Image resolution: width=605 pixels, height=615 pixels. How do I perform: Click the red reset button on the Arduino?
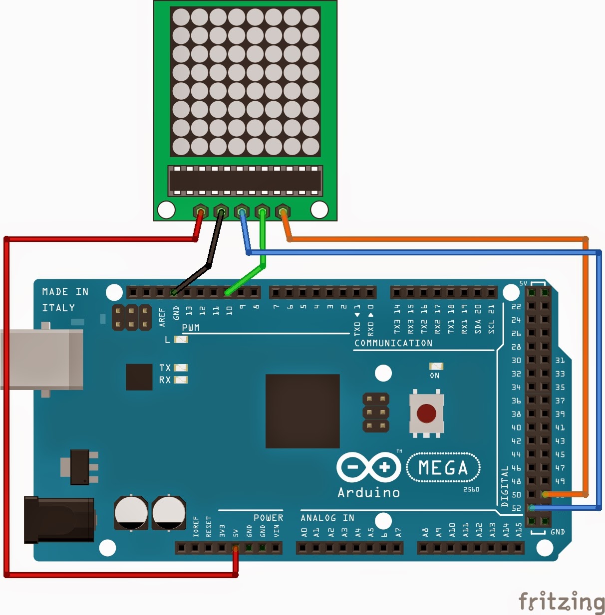coord(426,413)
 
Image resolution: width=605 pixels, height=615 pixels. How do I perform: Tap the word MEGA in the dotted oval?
coord(443,468)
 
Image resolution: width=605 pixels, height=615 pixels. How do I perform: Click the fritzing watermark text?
coord(561,602)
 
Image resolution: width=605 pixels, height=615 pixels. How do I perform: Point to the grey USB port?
coord(42,359)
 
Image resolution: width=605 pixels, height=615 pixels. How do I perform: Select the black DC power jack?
coord(59,519)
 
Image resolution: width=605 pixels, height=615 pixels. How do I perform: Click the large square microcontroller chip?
coord(302,411)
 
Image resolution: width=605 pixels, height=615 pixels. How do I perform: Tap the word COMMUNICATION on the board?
coord(393,343)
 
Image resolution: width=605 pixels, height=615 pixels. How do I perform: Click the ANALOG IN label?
coord(327,518)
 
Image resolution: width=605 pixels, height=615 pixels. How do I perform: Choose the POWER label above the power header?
coord(268,518)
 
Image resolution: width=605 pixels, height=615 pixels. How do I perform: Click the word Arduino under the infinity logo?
coord(369,493)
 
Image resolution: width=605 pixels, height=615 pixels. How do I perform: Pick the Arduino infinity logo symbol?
coord(369,467)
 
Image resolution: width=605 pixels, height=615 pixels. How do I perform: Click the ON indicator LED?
coord(436,367)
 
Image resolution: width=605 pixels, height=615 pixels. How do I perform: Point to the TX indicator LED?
coord(180,368)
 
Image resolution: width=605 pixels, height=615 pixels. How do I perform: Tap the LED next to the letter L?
coord(181,340)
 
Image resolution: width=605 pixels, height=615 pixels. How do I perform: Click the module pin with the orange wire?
coord(283,211)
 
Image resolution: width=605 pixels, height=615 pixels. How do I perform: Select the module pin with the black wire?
coord(221,211)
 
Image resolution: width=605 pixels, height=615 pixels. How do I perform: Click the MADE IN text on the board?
coord(65,292)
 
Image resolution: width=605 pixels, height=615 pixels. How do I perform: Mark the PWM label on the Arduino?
coord(191,328)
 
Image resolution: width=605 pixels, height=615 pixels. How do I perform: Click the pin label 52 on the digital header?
coord(516,508)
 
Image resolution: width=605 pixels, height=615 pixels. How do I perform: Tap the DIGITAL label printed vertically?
coord(505,486)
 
